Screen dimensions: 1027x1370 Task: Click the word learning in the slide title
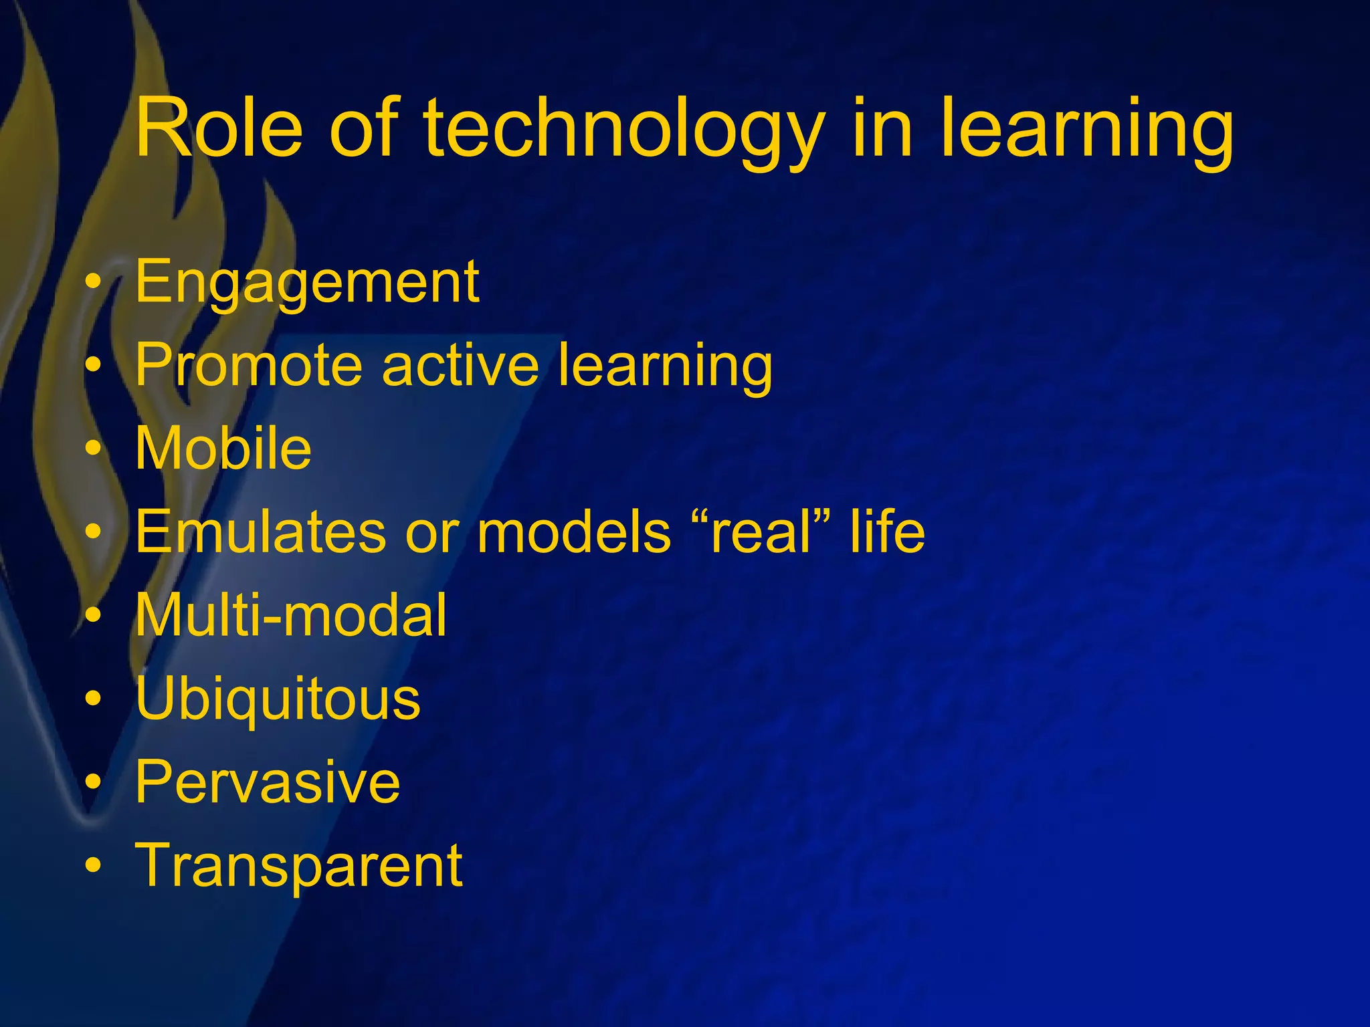[1086, 130]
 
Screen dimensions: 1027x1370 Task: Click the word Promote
[248, 365]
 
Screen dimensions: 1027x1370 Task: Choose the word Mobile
[223, 448]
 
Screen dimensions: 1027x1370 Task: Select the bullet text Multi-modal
[290, 615]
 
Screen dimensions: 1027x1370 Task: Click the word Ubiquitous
[278, 699]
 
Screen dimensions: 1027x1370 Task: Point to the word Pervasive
[268, 782]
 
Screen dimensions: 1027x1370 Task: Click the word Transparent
[298, 867]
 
